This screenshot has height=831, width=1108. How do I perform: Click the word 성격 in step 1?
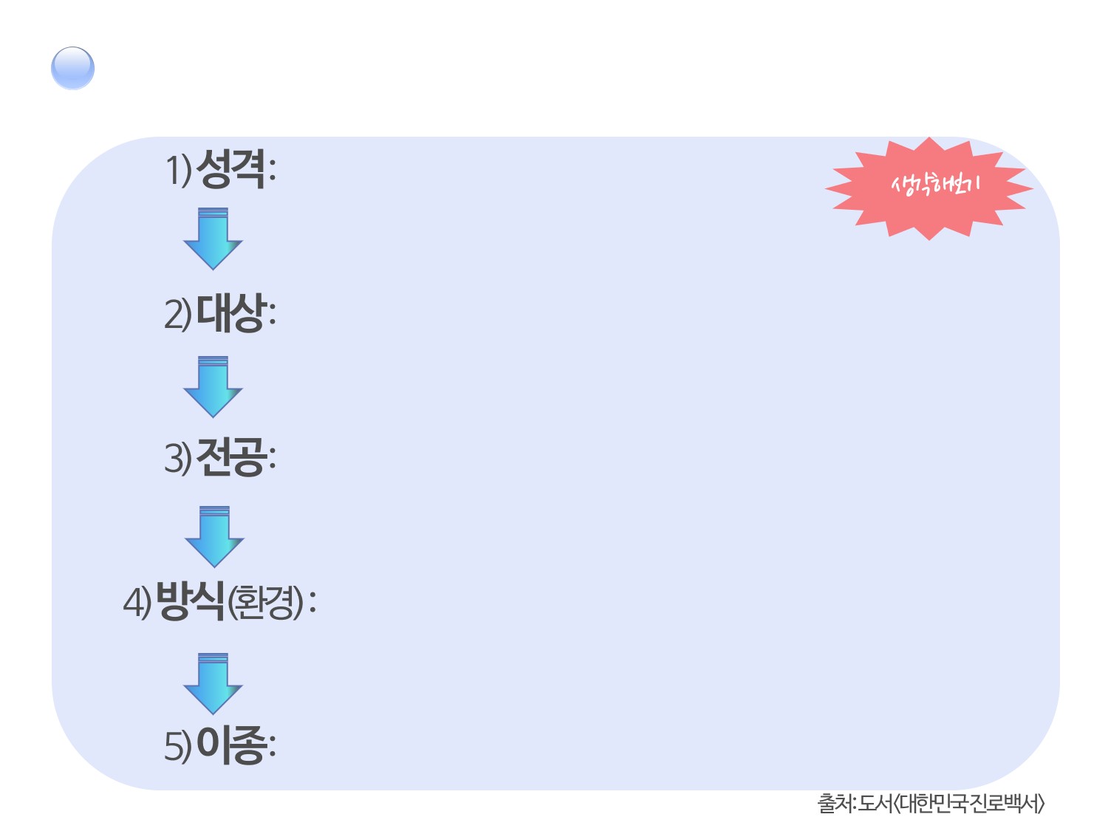click(x=230, y=169)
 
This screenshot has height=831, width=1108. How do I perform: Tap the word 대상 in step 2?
click(x=230, y=312)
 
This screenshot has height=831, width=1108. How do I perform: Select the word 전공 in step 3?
click(x=230, y=457)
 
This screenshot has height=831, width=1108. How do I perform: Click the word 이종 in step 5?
click(x=230, y=745)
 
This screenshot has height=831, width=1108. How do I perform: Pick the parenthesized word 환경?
click(x=265, y=602)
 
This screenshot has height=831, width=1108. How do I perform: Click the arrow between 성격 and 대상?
click(x=213, y=239)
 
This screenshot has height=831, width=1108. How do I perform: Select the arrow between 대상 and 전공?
click(x=213, y=386)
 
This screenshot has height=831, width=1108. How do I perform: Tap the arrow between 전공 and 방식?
click(x=214, y=536)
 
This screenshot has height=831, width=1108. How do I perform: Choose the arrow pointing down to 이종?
click(x=213, y=683)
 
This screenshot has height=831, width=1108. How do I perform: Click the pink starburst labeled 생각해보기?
click(x=929, y=188)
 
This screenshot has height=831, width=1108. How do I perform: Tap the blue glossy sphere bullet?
click(x=72, y=68)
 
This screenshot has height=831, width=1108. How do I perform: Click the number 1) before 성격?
click(x=178, y=171)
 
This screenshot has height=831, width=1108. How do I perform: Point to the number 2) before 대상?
click(x=177, y=314)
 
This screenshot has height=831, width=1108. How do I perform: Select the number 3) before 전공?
click(x=177, y=458)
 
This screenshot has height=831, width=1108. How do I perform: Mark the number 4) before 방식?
click(x=137, y=602)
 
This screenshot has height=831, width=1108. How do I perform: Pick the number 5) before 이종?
click(x=177, y=746)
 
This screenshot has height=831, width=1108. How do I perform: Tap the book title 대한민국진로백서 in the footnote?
click(x=968, y=803)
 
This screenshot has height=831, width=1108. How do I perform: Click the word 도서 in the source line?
click(x=875, y=803)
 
